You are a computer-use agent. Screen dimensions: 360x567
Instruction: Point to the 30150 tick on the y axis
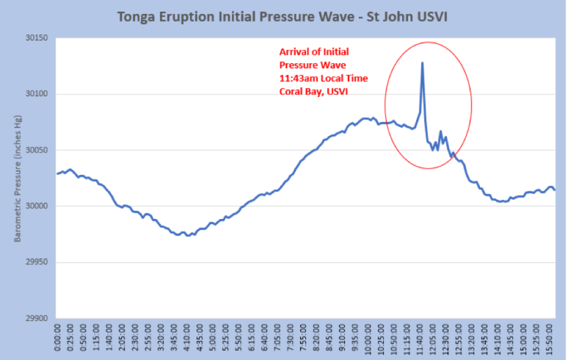pos(37,38)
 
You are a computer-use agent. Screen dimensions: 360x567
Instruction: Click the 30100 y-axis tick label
pos(37,94)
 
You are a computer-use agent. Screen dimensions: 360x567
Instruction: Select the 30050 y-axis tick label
pos(37,150)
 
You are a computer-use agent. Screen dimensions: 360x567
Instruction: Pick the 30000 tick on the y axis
pos(37,206)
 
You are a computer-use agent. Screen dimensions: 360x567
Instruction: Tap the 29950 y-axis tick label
pos(37,262)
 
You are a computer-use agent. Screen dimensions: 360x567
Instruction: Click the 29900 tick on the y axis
pos(37,318)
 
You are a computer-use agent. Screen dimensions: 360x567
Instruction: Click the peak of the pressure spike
pos(422,63)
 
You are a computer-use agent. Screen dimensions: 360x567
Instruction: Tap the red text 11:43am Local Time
pos(324,78)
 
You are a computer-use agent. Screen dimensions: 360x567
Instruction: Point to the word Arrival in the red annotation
pos(295,51)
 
